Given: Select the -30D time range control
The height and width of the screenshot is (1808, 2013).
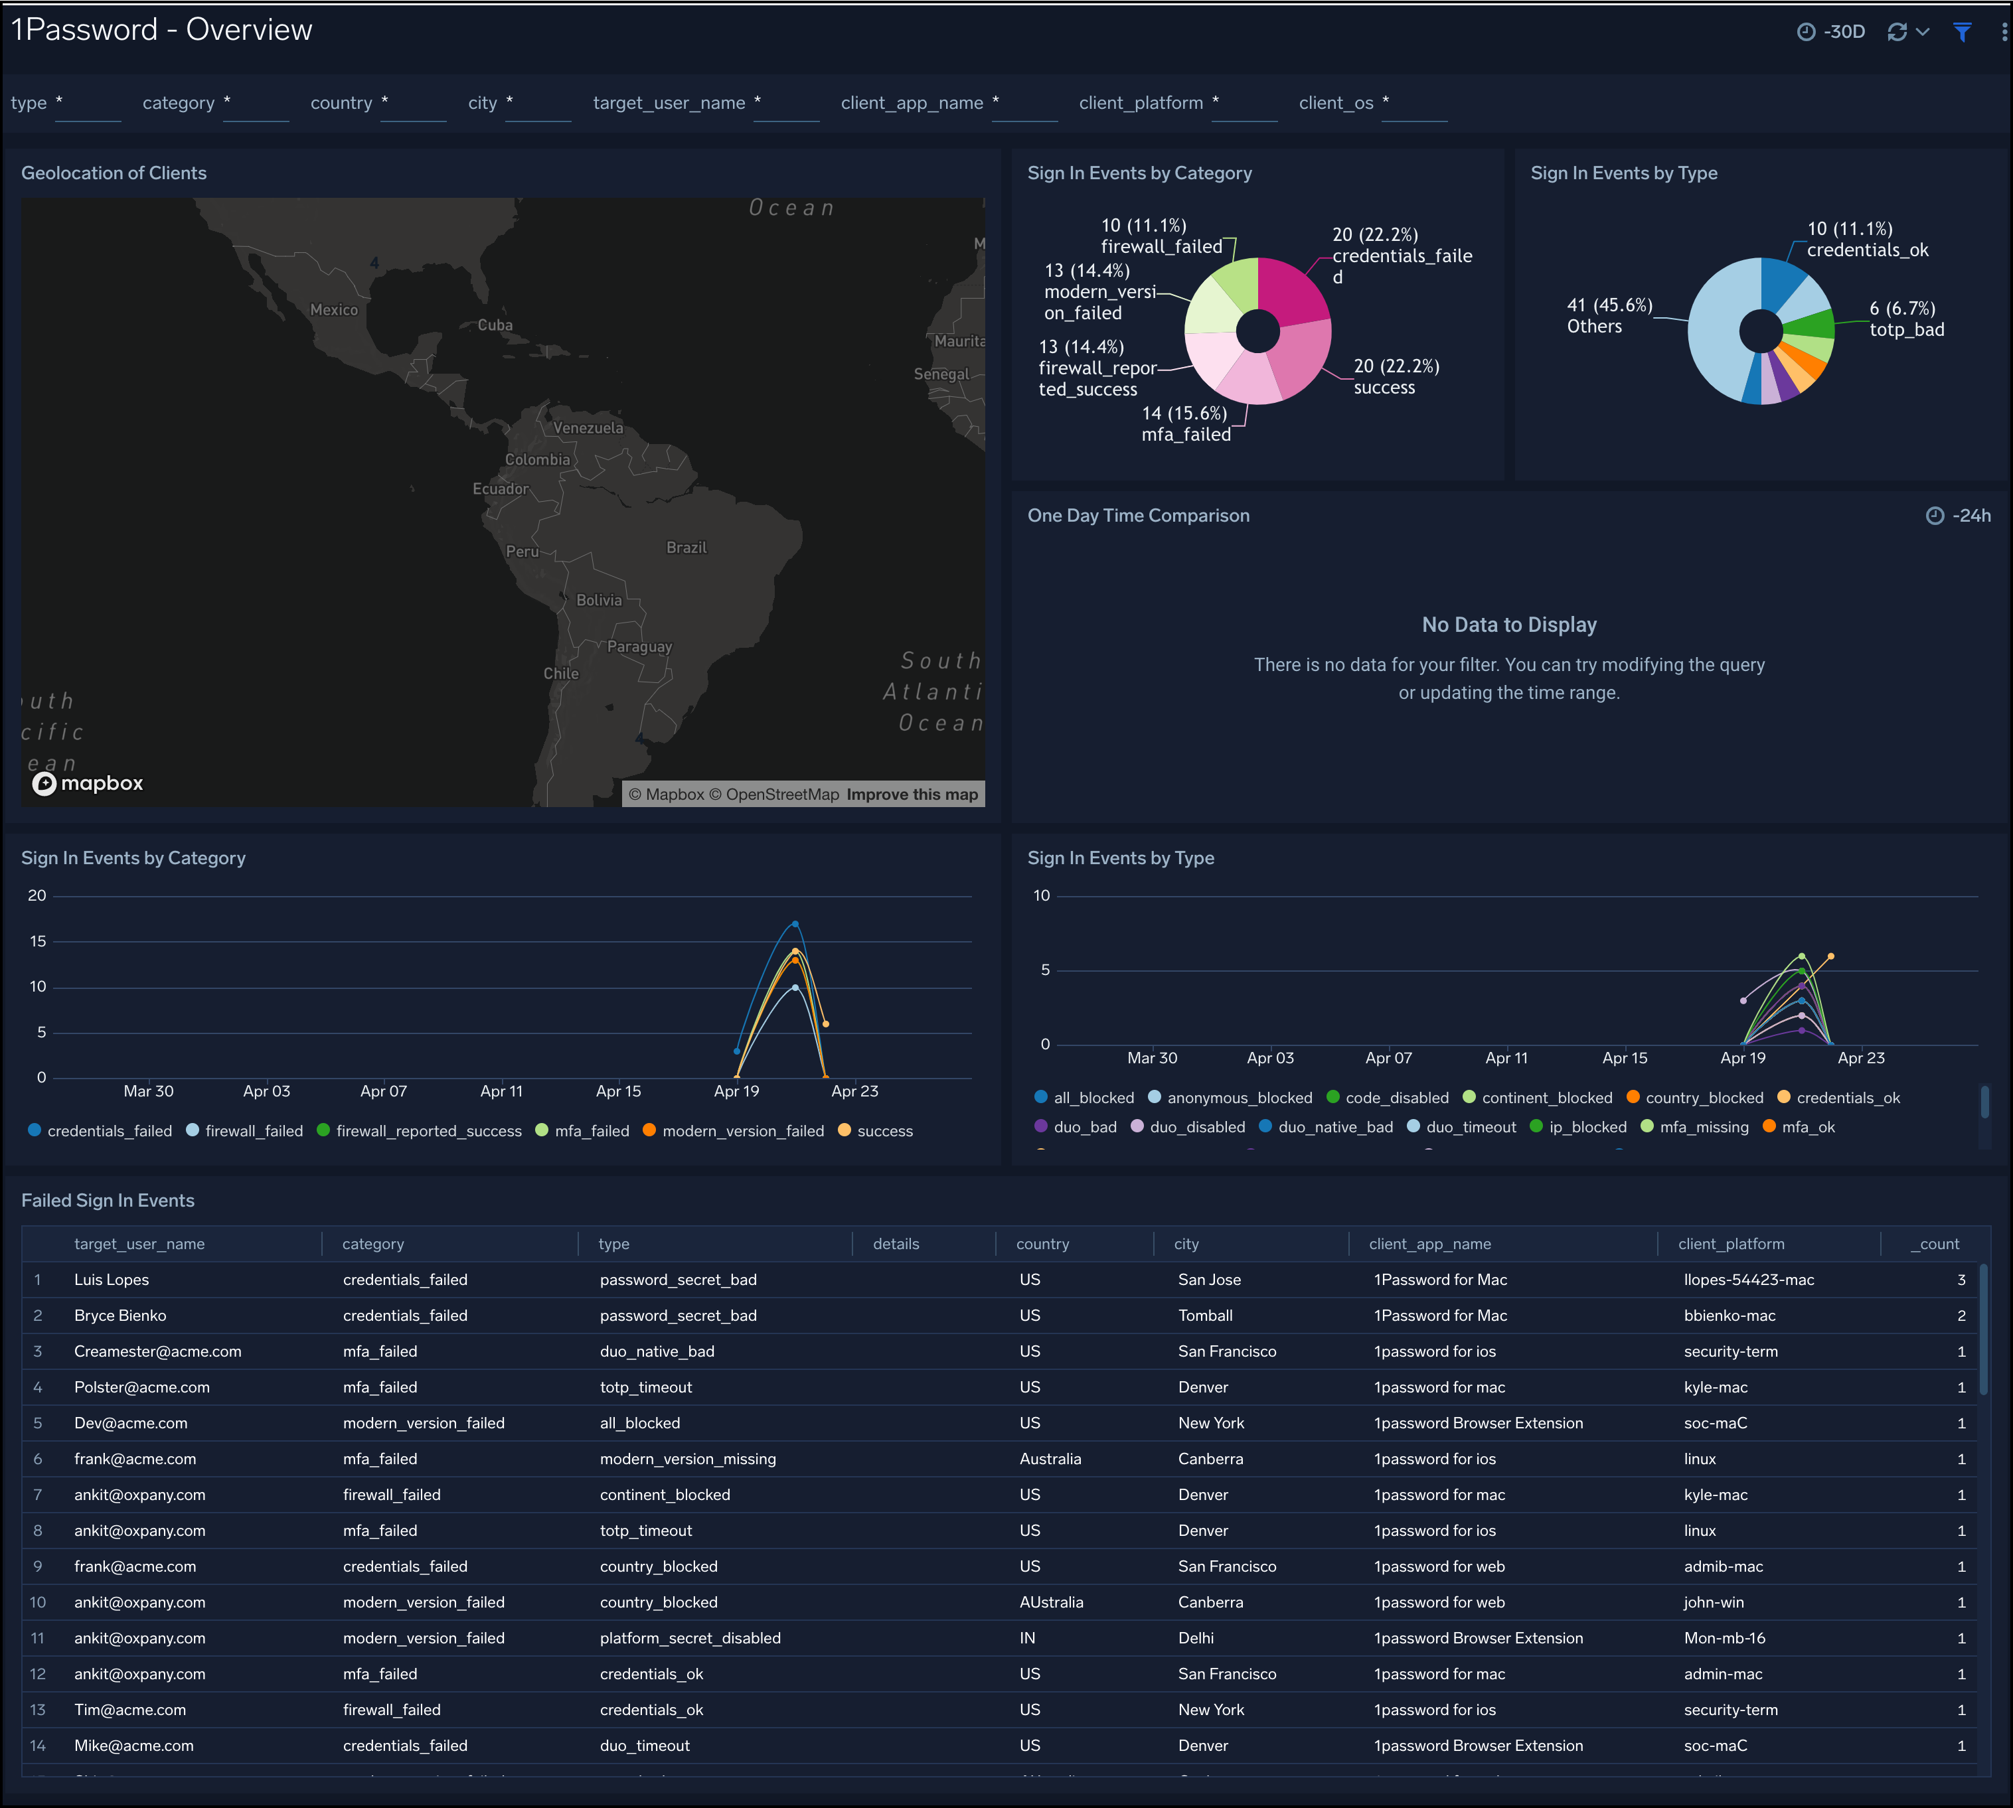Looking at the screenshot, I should (1831, 32).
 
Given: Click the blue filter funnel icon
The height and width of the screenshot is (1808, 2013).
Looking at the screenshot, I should (1963, 32).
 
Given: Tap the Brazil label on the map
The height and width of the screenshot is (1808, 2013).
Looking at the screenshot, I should (686, 548).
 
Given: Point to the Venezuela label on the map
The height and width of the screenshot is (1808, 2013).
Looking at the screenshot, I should (588, 428).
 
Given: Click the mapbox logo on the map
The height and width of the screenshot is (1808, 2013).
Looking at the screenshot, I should (88, 784).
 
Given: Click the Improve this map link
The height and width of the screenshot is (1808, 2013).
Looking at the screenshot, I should (912, 794).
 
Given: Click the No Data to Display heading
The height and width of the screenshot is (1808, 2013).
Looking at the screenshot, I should (1508, 625).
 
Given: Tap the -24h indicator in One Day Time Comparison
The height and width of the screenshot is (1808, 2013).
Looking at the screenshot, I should (1959, 516).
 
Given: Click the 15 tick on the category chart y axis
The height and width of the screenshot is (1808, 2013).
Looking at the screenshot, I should (38, 941).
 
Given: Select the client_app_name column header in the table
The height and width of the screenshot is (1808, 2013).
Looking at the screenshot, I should (1430, 1244).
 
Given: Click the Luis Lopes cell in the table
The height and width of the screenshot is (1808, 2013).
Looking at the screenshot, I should (112, 1280).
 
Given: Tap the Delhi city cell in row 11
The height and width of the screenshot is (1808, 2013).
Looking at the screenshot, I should (1195, 1638).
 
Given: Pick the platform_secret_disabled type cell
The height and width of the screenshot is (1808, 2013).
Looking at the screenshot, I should (690, 1638).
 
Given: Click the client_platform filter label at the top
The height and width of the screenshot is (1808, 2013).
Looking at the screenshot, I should (1141, 104).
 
